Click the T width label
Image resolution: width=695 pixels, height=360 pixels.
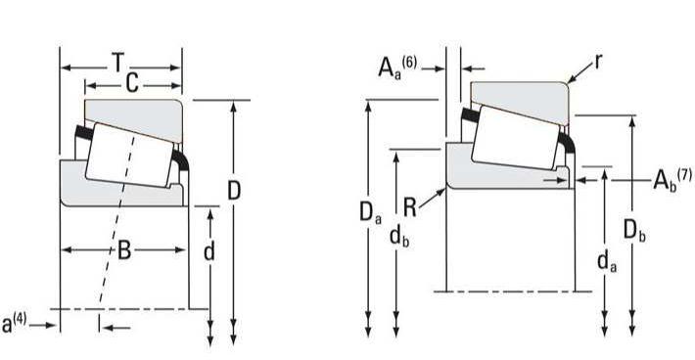point(117,62)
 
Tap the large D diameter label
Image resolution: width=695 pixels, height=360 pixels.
point(234,191)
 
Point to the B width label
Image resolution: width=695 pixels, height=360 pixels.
point(124,250)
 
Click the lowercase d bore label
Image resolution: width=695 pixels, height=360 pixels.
point(209,251)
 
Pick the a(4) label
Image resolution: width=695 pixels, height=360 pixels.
point(14,323)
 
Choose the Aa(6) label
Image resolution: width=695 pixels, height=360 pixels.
point(397,67)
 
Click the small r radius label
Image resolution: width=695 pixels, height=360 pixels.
point(598,63)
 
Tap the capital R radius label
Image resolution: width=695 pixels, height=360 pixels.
point(409,207)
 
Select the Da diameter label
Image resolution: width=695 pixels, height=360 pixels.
point(370,213)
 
